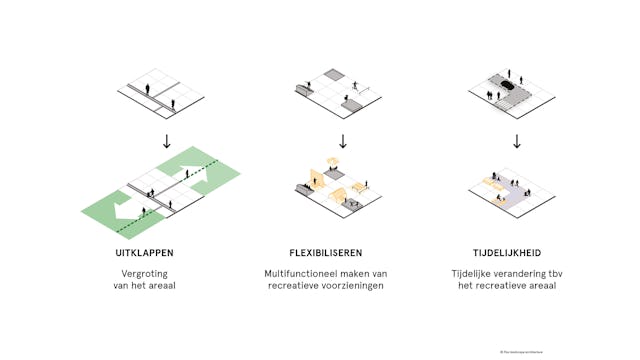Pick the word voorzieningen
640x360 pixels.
pyautogui.click(x=351, y=286)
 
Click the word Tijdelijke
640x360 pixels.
pyautogui.click(x=475, y=272)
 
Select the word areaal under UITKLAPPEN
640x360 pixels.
pyautogui.click(x=169, y=286)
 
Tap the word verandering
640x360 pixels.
pyautogui.click(x=525, y=272)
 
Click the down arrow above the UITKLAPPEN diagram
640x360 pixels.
pyautogui.click(x=167, y=140)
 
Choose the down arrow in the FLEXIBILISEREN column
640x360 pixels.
pyautogui.click(x=342, y=140)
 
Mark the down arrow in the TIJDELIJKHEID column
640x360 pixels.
pyautogui.click(x=516, y=140)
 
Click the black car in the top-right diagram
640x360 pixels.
pyautogui.click(x=507, y=87)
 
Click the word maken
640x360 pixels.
pyautogui.click(x=358, y=272)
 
